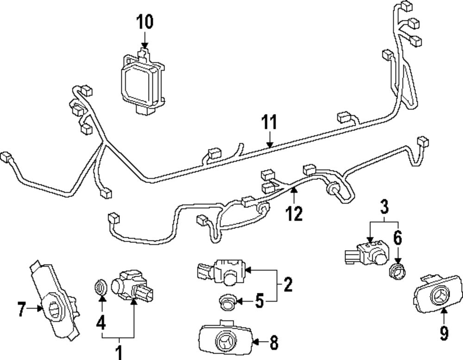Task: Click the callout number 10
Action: [x=144, y=22]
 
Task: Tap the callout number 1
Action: [x=119, y=352]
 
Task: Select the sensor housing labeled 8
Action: [x=225, y=341]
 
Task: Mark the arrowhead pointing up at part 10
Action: [x=144, y=45]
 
